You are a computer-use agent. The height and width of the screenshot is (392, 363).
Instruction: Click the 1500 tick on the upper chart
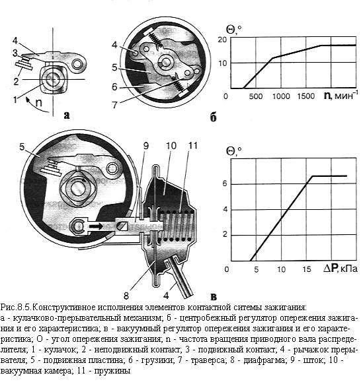tap(305, 96)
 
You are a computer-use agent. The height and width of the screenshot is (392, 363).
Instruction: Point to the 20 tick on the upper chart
tap(222, 40)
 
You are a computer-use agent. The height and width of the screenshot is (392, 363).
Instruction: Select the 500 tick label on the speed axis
tap(255, 96)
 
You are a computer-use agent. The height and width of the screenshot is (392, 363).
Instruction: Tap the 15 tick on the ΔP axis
tap(306, 269)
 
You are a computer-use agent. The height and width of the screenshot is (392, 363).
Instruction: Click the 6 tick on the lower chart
tap(225, 183)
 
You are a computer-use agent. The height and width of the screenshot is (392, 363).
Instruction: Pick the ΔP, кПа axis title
tap(341, 269)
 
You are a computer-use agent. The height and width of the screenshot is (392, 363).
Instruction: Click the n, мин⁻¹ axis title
tap(339, 95)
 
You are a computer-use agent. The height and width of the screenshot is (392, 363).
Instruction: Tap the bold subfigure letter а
tap(67, 115)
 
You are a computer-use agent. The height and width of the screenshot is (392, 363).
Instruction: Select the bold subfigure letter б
tap(213, 117)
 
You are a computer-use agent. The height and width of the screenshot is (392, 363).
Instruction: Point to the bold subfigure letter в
tap(214, 297)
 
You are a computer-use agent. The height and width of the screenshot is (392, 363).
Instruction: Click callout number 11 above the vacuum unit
tap(192, 145)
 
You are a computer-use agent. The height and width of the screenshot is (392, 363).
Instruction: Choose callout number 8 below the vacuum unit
tap(126, 296)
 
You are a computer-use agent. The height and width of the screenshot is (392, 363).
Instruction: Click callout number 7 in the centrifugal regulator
tap(114, 105)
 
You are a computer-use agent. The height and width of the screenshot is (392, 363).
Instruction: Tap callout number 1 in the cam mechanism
tap(15, 100)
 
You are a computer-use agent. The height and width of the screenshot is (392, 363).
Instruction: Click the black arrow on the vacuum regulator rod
tap(96, 226)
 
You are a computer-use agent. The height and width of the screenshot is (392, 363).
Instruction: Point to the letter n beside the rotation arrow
tap(38, 103)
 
